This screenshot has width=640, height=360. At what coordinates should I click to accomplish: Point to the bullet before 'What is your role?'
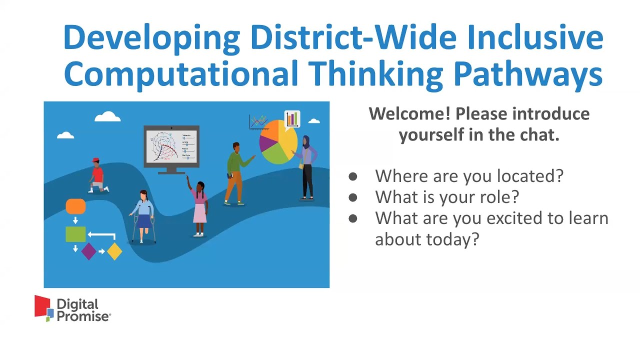(353, 197)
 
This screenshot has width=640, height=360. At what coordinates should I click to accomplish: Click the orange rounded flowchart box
(75, 206)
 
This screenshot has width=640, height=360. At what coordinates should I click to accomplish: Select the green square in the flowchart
(75, 234)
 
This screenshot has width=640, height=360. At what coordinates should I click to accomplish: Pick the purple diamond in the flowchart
(88, 251)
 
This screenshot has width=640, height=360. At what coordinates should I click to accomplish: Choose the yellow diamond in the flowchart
(114, 251)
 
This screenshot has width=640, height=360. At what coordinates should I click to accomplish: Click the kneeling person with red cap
(97, 176)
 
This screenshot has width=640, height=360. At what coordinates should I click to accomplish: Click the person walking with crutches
(143, 216)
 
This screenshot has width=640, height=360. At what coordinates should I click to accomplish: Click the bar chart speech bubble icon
(292, 119)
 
